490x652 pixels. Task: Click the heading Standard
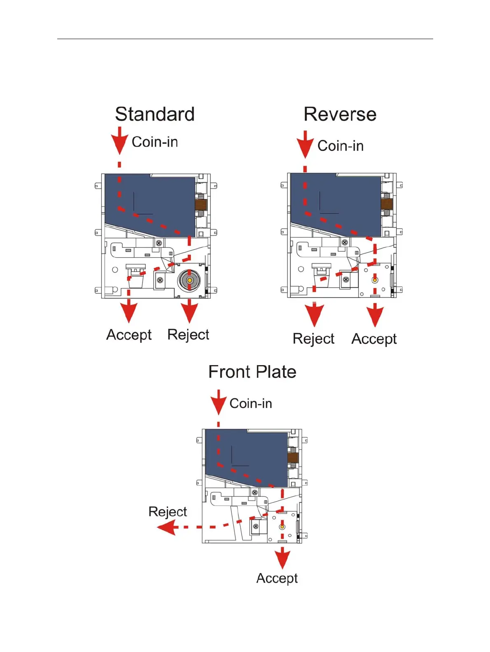tap(154, 114)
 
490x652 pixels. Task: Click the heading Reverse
tap(340, 114)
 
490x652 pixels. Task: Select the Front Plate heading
tap(252, 372)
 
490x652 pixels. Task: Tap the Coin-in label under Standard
tap(155, 142)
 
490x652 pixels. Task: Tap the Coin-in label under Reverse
tap(341, 146)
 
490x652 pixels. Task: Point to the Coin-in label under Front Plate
tap(251, 403)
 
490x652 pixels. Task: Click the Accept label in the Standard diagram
tap(129, 335)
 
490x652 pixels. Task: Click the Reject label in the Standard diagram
tap(188, 335)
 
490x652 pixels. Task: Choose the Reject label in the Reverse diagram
tap(313, 339)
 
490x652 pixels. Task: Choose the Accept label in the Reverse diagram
tap(374, 339)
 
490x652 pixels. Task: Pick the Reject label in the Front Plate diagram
tap(168, 512)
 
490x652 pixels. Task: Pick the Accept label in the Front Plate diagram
tap(277, 578)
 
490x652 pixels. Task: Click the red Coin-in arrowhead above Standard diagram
tap(119, 143)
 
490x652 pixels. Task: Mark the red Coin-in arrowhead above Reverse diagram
tap(305, 147)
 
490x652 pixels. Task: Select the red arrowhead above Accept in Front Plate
tap(282, 560)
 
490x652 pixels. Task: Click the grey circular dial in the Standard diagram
tap(189, 280)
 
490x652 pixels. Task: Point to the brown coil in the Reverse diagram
tap(387, 204)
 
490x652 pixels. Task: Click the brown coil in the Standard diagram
tap(201, 204)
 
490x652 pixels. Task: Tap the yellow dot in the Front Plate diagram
tap(282, 527)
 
